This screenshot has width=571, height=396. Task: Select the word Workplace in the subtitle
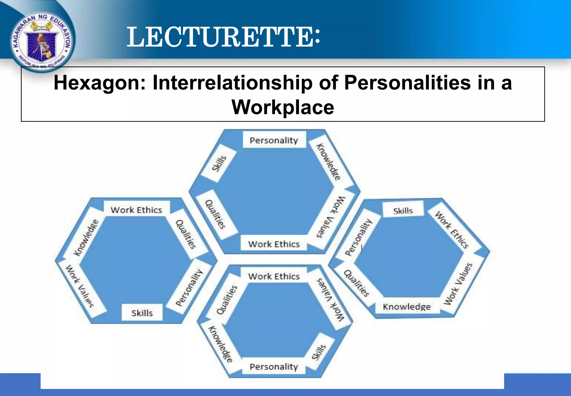[283, 107]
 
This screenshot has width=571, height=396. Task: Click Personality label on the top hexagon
[274, 140]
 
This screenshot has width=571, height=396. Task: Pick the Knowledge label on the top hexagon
[328, 162]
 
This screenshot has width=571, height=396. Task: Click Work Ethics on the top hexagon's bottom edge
[274, 244]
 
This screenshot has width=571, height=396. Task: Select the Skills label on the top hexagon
[219, 163]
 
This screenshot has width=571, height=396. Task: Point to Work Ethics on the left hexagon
[136, 210]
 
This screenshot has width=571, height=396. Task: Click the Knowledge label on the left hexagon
[86, 238]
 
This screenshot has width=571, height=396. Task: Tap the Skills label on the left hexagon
[142, 313]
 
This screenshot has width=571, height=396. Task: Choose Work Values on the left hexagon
[80, 286]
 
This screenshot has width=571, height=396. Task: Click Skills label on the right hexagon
[403, 211]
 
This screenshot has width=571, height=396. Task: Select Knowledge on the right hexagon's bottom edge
[407, 307]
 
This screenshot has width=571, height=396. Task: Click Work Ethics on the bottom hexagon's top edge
[274, 276]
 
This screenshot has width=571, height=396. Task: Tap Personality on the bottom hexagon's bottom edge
[274, 366]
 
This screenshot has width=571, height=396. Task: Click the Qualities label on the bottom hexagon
[227, 300]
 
